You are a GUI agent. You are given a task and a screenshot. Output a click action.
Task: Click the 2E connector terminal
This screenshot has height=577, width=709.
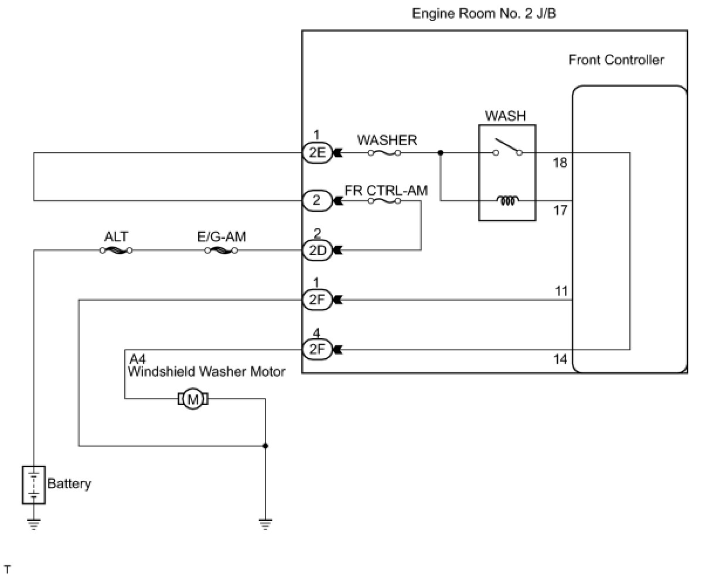coord(316,153)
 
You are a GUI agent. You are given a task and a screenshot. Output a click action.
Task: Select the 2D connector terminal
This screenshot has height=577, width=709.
coord(316,250)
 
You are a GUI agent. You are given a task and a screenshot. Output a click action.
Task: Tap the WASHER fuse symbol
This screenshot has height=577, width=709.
coord(384,153)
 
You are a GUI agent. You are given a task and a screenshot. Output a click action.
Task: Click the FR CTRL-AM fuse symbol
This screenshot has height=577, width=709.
coord(384,201)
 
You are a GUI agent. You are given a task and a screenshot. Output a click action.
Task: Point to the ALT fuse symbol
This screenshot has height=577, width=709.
coord(115,250)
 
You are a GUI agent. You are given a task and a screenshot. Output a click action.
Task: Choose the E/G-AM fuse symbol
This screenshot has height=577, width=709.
coord(221,250)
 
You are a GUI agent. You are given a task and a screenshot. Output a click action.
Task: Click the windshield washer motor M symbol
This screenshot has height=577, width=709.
coord(193,399)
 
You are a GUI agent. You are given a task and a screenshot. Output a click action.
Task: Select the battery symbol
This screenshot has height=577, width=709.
coord(33,485)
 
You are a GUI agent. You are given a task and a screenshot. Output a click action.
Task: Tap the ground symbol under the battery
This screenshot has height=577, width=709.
coord(33,524)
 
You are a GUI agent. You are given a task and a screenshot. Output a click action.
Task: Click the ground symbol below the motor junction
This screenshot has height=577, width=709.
coord(265,524)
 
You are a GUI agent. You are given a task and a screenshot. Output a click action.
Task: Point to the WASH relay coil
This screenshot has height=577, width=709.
coord(507,201)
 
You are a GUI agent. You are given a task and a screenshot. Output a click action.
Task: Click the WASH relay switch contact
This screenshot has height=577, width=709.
coord(507,147)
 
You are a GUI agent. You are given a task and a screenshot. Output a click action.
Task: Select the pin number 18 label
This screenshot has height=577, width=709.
coord(560,163)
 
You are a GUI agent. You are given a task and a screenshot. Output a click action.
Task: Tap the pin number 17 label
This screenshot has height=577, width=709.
coord(560,209)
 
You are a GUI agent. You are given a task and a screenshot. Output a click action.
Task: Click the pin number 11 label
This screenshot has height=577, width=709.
coord(561,291)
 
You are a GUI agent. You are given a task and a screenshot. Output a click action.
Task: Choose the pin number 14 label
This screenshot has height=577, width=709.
coord(560,359)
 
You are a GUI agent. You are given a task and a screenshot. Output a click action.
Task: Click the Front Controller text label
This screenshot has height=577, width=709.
coord(616,60)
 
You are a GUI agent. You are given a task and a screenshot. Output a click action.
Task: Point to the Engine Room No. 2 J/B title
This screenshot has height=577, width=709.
coord(484,13)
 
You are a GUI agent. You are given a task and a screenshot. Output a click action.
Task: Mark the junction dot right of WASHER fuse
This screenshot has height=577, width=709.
coord(441,153)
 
